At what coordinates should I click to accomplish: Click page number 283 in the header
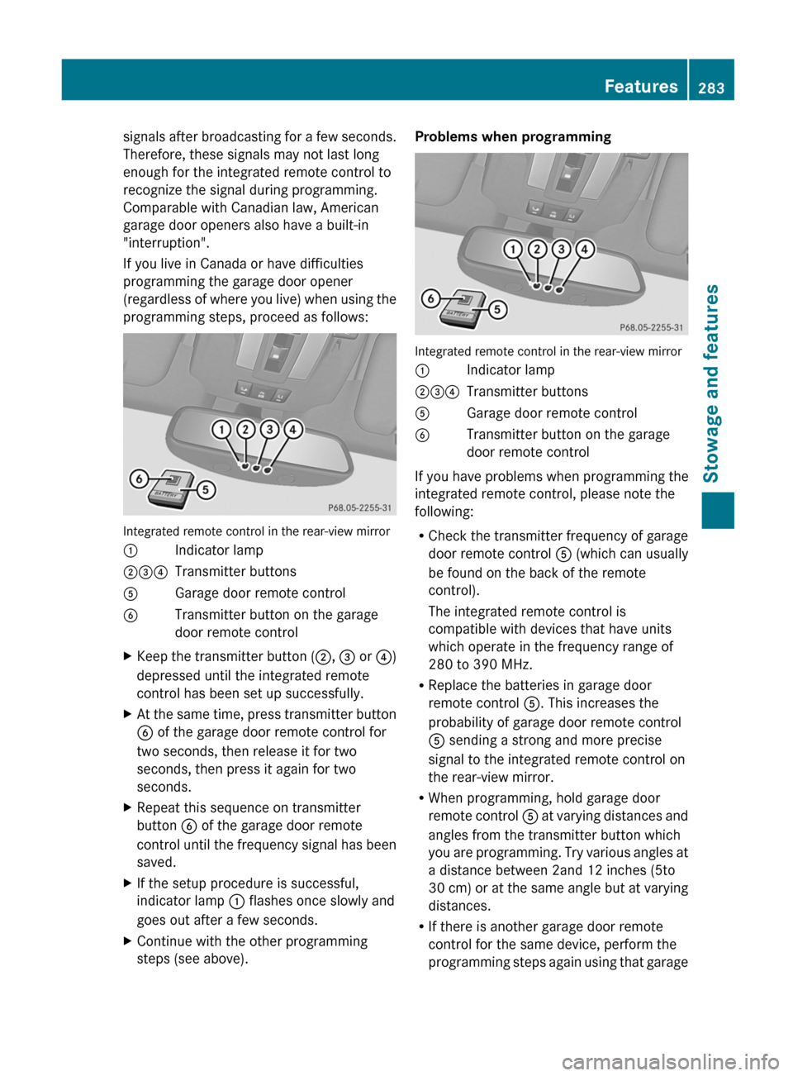[711, 88]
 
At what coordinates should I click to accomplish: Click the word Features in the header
[640, 86]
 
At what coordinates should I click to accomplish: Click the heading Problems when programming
[513, 136]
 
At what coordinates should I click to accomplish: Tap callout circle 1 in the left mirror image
[221, 429]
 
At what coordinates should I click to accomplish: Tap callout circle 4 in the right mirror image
[585, 249]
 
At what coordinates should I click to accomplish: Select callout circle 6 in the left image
[139, 479]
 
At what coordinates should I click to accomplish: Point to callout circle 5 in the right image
[497, 310]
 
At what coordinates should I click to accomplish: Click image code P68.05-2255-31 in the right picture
[651, 327]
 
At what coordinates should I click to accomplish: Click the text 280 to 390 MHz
[480, 664]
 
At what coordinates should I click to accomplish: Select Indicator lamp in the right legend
[510, 370]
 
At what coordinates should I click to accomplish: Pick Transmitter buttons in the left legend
[235, 572]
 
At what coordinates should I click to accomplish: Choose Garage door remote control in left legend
[260, 593]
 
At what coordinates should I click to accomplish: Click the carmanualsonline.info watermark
[670, 1060]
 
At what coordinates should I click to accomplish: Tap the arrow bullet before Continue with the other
[127, 941]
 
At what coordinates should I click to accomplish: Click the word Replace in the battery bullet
[453, 685]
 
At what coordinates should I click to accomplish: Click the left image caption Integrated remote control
[256, 531]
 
